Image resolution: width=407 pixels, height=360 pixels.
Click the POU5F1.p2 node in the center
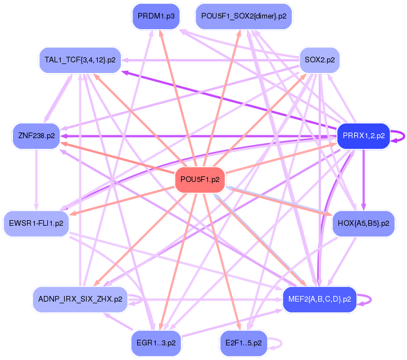201,180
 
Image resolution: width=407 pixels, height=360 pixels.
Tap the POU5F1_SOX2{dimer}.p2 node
243,16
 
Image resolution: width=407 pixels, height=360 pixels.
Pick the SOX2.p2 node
319,60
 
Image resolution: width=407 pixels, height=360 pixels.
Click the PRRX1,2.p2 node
363,136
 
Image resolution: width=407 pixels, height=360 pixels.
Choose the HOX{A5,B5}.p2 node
364,223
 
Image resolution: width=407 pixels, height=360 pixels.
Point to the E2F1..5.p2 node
243,343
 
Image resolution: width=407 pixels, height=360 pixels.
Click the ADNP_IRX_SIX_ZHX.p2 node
80,299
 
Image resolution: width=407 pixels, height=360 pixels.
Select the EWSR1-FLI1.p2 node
36,223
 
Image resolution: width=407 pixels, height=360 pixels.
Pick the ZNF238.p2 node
36,136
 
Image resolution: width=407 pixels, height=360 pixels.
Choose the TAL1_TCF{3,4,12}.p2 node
80,60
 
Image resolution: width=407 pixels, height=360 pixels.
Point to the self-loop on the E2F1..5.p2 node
278,343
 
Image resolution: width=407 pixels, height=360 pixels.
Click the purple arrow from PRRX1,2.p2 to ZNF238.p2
197,136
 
